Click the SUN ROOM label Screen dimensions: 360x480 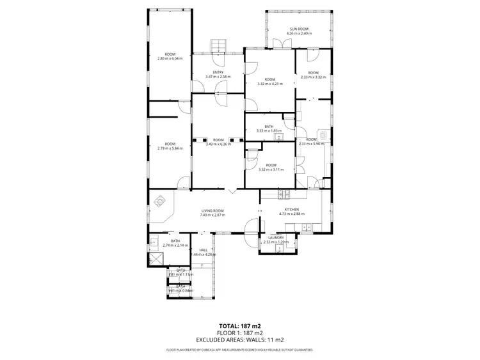click(300, 29)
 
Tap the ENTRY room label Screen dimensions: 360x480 click(218, 72)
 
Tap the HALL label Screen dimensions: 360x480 click(203, 250)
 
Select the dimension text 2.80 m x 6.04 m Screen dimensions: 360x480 click(170, 58)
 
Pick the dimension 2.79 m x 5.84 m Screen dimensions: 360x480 click(170, 148)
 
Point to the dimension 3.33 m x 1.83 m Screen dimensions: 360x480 click(269, 131)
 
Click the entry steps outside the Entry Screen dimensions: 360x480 click(218, 47)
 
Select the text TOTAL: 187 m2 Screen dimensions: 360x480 click(240, 325)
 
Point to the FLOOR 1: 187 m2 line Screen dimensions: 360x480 click(240, 333)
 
